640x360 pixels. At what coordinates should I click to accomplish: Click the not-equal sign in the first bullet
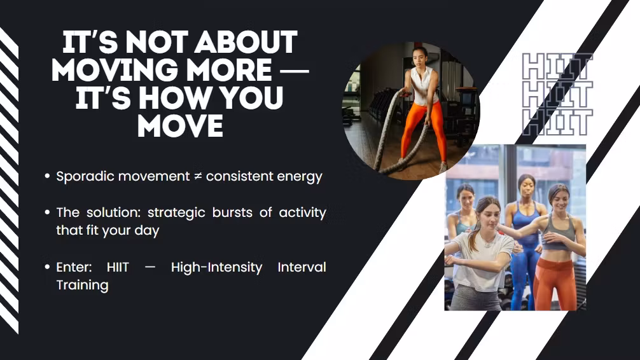click(198, 176)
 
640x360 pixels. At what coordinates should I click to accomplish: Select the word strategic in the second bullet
click(176, 213)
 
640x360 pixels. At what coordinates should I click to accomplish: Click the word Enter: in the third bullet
click(74, 267)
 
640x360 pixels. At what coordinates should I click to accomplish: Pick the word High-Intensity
click(216, 267)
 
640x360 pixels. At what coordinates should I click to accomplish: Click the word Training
click(83, 286)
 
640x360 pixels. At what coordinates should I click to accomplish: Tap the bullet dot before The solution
click(47, 212)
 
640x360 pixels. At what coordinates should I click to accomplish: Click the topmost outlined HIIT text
click(557, 67)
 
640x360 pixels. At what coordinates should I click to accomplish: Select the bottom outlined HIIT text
click(557, 122)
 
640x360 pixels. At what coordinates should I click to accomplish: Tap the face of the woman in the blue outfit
click(527, 188)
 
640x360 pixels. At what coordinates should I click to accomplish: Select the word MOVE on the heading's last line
click(181, 126)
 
